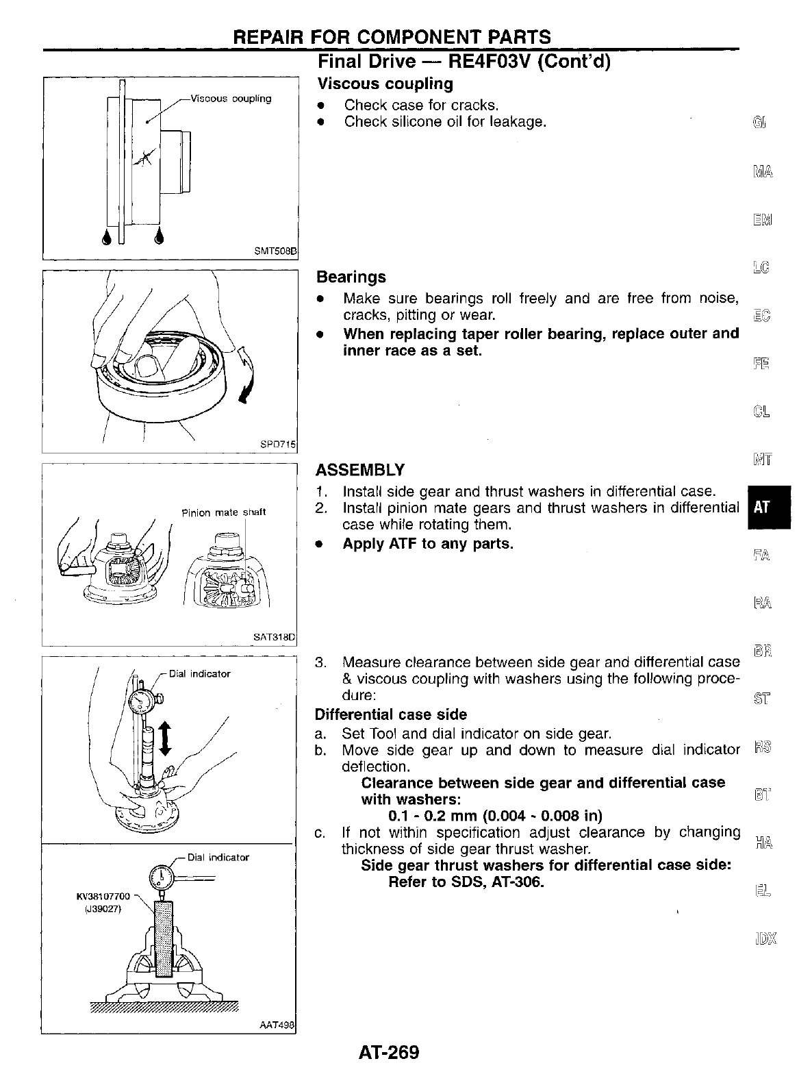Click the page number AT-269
coord(388,1052)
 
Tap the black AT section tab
coord(761,508)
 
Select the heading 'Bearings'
coord(351,277)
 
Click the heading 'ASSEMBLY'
coord(359,470)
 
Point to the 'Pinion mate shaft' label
coord(223,512)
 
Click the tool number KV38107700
coord(102,895)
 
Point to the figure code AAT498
coord(277,1025)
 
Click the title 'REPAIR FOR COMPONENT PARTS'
coord(392,37)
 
